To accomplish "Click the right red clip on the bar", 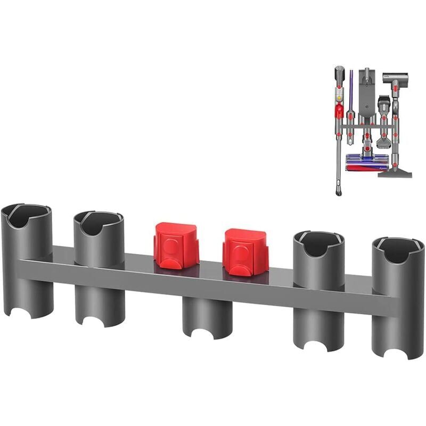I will pos(245,251).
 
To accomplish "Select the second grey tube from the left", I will pos(99,266).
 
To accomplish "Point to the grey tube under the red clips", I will pos(207,317).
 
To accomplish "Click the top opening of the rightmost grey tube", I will pos(398,249).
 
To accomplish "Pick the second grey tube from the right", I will pos(319,288).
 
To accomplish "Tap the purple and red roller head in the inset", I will pos(367,163).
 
